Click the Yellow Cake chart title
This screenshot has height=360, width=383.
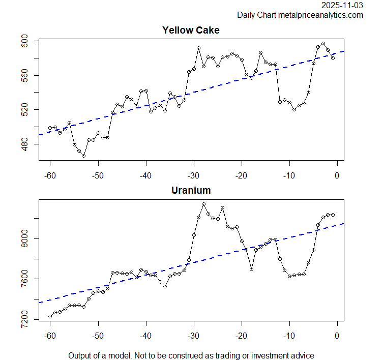pyautogui.click(x=191, y=30)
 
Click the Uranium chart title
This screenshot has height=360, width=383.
pyautogui.click(x=191, y=191)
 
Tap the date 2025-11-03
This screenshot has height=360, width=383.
pyautogui.click(x=342, y=5)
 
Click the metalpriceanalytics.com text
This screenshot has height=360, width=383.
pyautogui.click(x=320, y=15)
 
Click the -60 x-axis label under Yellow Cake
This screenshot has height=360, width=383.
pyautogui.click(x=50, y=175)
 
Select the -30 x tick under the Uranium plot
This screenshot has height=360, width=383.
pyautogui.click(x=193, y=336)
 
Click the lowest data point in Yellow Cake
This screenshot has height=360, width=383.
pyautogui.click(x=83, y=156)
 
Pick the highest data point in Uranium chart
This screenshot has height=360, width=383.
pyautogui.click(x=203, y=204)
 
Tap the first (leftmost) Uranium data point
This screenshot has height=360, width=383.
pyautogui.click(x=50, y=316)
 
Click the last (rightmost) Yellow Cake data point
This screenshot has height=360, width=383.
pyautogui.click(x=333, y=58)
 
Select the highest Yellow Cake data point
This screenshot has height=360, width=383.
pyautogui.click(x=323, y=44)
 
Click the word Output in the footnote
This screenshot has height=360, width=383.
pyautogui.click(x=81, y=355)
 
